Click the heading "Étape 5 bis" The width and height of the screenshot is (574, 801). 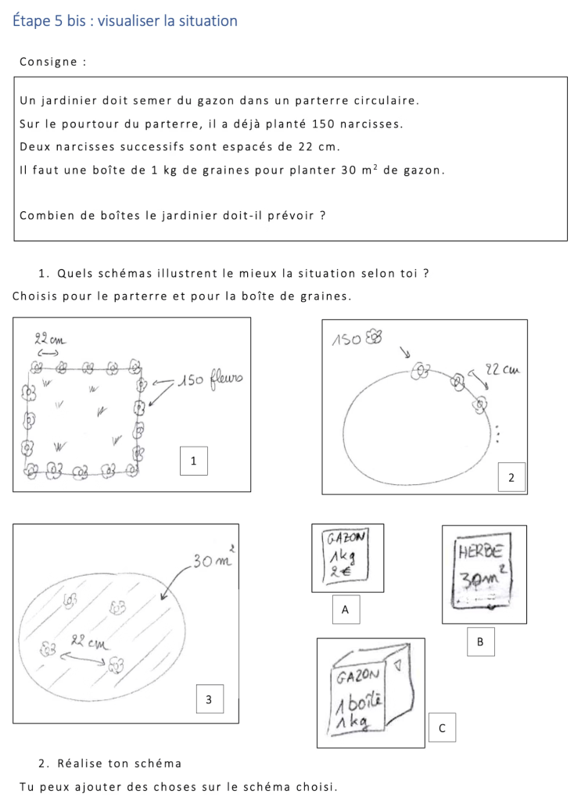coord(48,21)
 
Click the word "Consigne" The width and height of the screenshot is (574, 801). coord(51,61)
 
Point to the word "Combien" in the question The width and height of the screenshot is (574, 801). coord(45,215)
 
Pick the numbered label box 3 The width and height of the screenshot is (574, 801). coord(209,699)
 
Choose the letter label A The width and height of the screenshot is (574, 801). coord(345,609)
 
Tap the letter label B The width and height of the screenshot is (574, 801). coord(480,641)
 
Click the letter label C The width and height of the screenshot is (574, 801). coord(442,728)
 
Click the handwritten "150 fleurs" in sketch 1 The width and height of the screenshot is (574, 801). coord(212,381)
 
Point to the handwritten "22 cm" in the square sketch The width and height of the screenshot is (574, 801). coord(49,340)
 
